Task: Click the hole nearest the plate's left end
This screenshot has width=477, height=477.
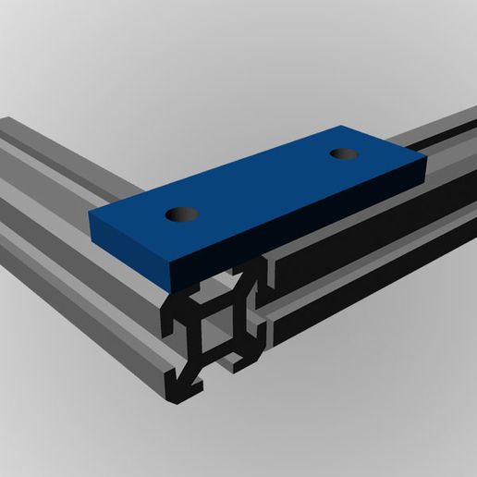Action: pyautogui.click(x=182, y=214)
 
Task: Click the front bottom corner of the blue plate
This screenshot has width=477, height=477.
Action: pyautogui.click(x=177, y=284)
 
